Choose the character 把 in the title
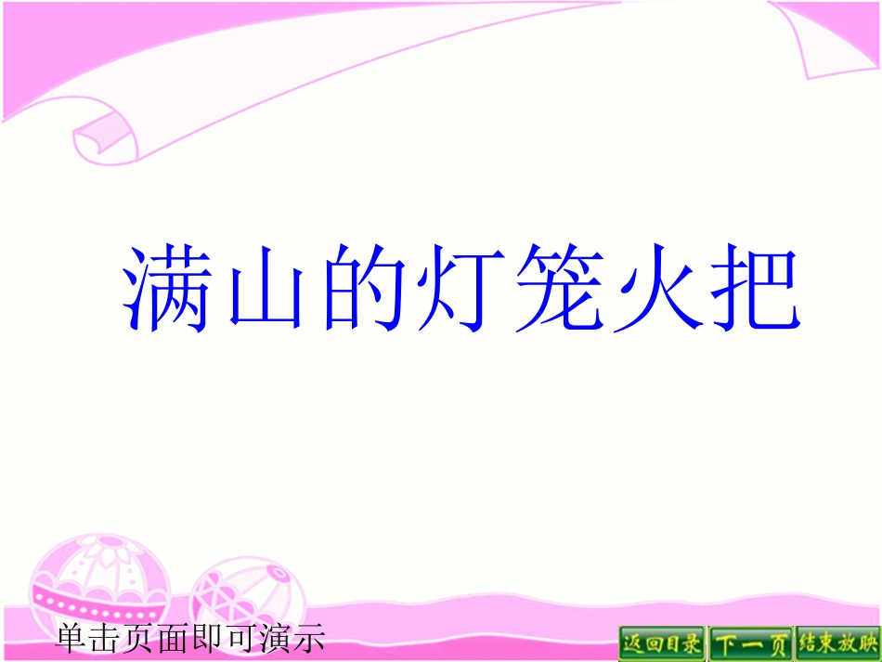pos(753,288)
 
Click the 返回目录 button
pos(662,643)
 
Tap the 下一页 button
pos(750,643)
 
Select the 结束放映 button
pos(837,643)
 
